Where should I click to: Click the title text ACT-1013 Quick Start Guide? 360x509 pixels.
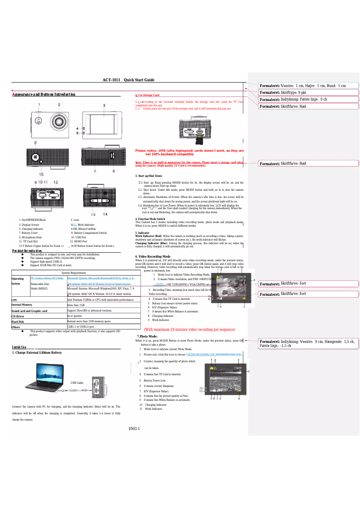pos(128,80)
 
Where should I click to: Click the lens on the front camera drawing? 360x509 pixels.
pos(59,121)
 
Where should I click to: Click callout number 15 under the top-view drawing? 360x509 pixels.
pos(41,174)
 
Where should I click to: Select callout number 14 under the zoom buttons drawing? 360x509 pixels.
pos(105,214)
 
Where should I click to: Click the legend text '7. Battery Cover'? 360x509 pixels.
pos(28,233)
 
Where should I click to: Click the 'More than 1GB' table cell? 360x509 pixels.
pos(76,304)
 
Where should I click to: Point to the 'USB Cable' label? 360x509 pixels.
pos(77,382)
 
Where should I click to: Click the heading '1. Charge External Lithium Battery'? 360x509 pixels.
pos(37,352)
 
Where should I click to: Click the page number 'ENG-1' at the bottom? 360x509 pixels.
pos(134,428)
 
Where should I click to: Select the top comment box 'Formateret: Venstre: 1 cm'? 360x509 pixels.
pos(303,85)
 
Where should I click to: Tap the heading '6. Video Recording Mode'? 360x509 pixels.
pos(153,256)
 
